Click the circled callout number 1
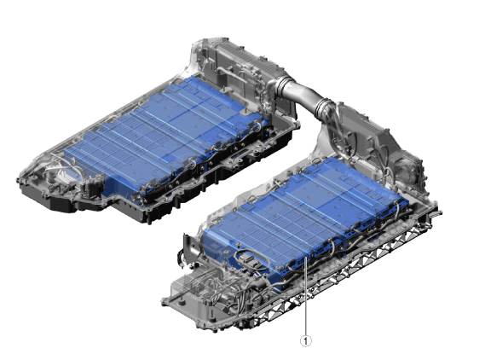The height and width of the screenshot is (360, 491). [306, 341]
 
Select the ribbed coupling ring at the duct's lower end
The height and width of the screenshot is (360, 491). [326, 108]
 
